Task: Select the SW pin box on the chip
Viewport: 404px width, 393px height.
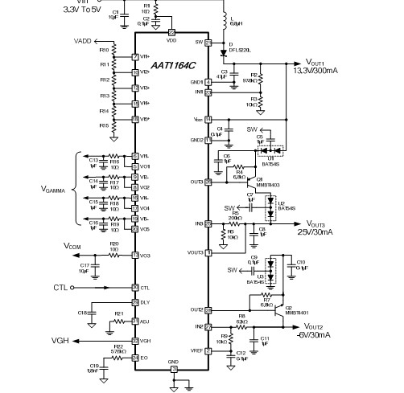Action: (208, 42)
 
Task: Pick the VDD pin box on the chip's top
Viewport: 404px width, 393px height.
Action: (171, 31)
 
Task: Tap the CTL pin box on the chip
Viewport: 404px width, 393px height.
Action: (134, 287)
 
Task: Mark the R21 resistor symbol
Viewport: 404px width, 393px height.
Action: (117, 320)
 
